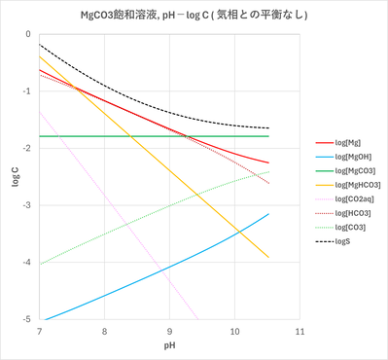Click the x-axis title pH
pyautogui.click(x=169, y=346)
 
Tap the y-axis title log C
pyautogui.click(x=15, y=177)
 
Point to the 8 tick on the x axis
pyautogui.click(x=104, y=331)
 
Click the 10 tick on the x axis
pyautogui.click(x=234, y=331)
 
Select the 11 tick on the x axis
pyautogui.click(x=300, y=331)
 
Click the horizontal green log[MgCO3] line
pyautogui.click(x=146, y=136)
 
